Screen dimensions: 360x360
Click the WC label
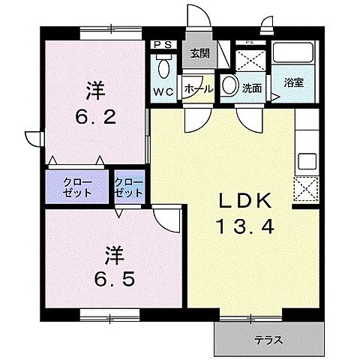(165, 91)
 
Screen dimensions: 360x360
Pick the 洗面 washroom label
(251, 88)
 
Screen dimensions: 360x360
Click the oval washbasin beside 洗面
(229, 85)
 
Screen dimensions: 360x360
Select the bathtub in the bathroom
(294, 55)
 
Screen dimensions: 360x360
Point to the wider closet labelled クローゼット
(77, 187)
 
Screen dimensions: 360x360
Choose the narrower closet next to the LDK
(129, 187)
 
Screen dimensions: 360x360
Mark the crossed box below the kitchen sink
(306, 187)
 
